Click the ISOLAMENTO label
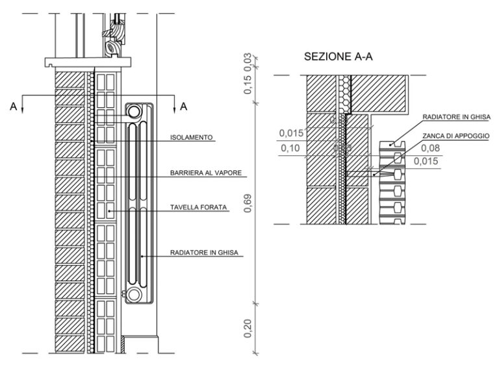tap(192, 138)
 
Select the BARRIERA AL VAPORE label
tap(206, 173)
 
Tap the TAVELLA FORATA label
tap(198, 208)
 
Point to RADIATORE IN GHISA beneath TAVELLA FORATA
tap(207, 253)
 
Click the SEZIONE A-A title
tap(341, 58)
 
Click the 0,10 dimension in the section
tap(289, 149)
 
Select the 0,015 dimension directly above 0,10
tap(292, 134)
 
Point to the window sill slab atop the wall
tap(89, 63)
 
